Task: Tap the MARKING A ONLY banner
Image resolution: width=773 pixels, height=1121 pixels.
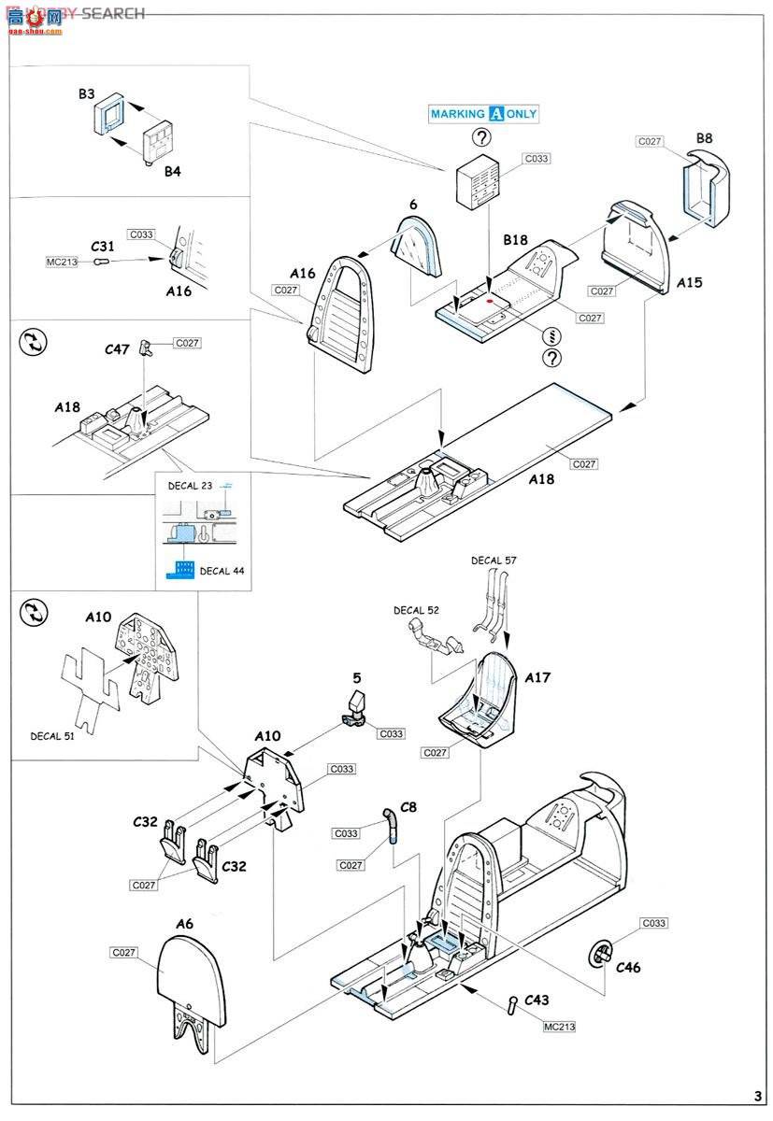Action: coord(483,114)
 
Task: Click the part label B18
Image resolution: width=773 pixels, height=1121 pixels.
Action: coord(515,240)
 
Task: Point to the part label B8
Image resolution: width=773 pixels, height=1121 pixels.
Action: coord(704,138)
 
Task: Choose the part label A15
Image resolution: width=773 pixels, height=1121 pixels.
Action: coord(690,281)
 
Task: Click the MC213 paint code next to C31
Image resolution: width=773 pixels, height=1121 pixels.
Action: coord(62,263)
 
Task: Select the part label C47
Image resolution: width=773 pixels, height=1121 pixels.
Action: coord(118,348)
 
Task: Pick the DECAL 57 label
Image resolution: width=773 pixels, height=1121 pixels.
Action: coord(494,560)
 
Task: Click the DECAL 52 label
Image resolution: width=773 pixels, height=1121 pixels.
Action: coord(416,611)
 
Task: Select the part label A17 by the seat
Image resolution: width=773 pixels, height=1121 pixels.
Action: coord(537,678)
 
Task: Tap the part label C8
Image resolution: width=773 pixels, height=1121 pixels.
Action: coord(408,806)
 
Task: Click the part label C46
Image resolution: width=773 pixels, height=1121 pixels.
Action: coord(628,968)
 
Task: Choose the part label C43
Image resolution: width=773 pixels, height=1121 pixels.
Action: coord(536,1000)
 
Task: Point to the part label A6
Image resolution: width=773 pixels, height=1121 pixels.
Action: coord(184,924)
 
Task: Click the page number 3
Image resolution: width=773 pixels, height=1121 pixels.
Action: coord(757,1096)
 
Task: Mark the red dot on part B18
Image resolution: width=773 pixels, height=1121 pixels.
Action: coord(489,302)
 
